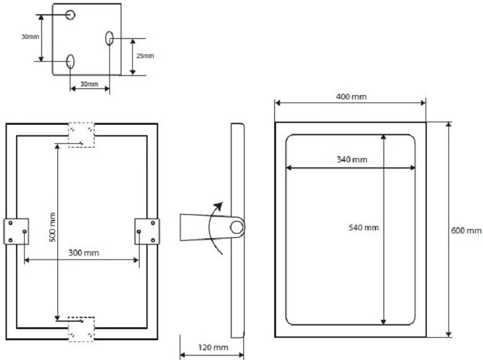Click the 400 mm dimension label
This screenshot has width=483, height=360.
pos(351,97)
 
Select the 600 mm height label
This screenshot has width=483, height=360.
pos(466,230)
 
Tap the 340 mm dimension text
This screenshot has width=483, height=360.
pos(352,159)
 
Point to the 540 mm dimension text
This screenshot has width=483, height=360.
pos(363,228)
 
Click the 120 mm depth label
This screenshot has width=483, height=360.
pos(213,348)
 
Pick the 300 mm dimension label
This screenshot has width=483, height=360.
pos(83,253)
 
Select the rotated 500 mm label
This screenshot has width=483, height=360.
pos(52,227)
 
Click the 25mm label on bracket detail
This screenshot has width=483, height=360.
pos(145,56)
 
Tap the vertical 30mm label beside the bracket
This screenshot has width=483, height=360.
pos(30,36)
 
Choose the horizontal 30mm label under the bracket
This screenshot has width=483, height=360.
pos(90,84)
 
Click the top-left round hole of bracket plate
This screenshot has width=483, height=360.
pos(70,14)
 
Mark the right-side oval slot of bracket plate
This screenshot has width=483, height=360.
pos(109,38)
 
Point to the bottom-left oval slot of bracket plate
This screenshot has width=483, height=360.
pos(70,61)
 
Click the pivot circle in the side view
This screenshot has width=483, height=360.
pos(237,227)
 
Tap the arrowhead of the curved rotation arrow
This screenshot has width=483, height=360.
pos(219,206)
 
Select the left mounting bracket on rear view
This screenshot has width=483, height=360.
pos(16,232)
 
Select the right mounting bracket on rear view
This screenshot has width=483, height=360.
pos(147,232)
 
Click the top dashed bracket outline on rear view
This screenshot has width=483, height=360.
pos(82,135)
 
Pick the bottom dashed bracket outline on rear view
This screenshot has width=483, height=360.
pos(82,329)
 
